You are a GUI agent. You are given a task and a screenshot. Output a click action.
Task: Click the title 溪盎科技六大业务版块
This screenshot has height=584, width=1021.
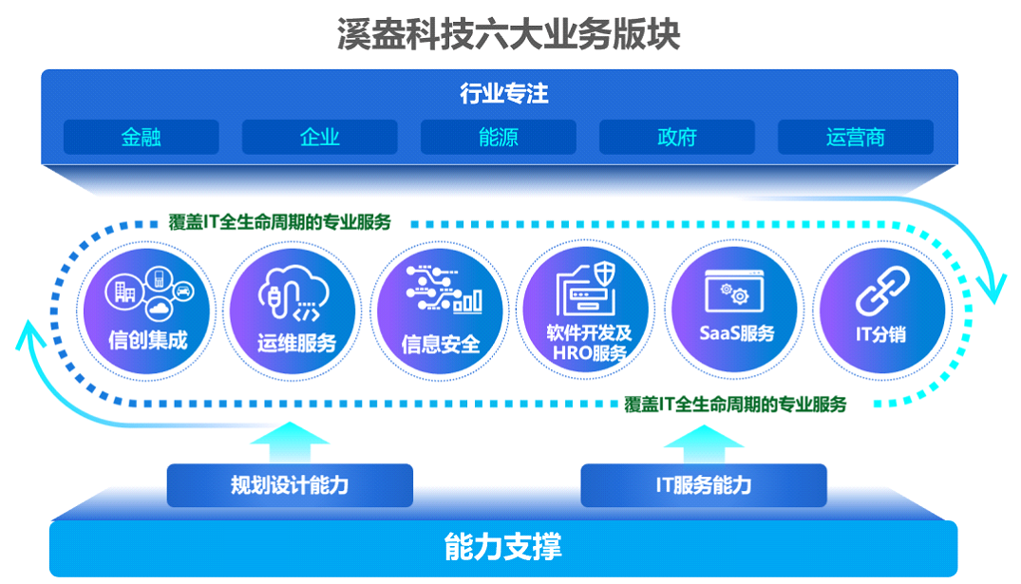coord(508,34)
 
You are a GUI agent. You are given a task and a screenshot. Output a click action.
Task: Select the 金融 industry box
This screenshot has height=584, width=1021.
coord(142,137)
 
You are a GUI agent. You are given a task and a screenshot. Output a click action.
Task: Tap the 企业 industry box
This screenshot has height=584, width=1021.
coord(320,137)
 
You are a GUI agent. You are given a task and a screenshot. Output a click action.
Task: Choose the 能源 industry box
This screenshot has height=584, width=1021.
coord(498,137)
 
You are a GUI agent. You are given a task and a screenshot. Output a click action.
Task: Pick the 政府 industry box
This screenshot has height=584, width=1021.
coord(677,137)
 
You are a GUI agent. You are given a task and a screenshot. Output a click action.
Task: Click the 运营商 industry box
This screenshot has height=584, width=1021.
coord(856,137)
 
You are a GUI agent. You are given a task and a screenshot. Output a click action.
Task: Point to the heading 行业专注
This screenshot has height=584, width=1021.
coord(504,94)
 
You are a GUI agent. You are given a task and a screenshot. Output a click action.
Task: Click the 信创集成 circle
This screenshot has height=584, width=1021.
coord(146,311)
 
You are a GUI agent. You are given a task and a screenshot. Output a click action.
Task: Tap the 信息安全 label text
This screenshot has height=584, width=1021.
coord(440,344)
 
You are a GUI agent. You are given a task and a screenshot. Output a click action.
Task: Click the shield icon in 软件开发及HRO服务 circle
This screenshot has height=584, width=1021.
coord(605,273)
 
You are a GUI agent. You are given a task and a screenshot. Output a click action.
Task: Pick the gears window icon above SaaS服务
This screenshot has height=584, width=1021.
coord(734,291)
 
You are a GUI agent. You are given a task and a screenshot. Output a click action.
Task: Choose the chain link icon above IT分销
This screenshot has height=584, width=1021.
coord(882,291)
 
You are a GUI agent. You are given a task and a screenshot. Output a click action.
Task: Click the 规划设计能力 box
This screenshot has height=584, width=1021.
coord(290,485)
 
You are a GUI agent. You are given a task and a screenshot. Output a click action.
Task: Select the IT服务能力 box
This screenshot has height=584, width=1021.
coord(704,485)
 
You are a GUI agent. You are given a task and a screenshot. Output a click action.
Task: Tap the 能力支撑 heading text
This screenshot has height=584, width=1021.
coord(502,547)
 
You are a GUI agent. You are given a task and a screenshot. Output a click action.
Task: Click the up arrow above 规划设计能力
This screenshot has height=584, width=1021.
coord(290,443)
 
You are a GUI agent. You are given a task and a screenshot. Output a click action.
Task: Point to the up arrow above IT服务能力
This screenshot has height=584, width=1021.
coord(704,444)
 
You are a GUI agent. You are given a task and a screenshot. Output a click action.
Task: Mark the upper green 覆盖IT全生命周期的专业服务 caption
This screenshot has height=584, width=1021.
coord(280,222)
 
